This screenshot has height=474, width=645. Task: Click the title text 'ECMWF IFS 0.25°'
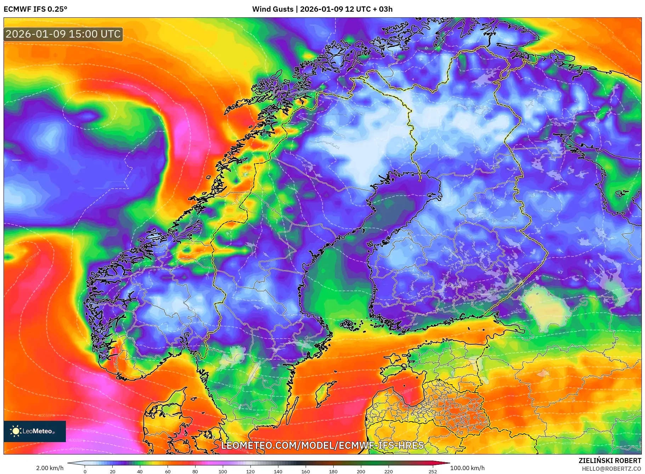(x=35, y=9)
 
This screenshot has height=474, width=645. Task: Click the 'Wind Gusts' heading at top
(x=273, y=9)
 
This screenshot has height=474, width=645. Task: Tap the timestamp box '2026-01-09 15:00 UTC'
(x=63, y=34)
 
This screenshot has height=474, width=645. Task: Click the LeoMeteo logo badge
(x=35, y=431)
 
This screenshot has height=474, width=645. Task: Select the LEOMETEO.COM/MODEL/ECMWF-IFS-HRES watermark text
(x=322, y=445)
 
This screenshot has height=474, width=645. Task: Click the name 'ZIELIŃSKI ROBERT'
(x=610, y=461)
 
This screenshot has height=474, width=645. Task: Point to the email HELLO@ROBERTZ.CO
(x=611, y=468)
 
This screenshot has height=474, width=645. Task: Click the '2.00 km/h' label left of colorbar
(x=50, y=468)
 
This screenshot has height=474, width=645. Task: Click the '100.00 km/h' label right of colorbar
(x=467, y=468)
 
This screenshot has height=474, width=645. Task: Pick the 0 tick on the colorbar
(x=85, y=472)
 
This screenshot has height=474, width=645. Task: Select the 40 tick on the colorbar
(x=140, y=472)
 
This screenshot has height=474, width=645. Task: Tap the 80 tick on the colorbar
(x=195, y=472)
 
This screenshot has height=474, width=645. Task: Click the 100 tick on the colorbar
(x=223, y=472)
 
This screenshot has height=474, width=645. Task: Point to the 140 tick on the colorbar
(x=278, y=472)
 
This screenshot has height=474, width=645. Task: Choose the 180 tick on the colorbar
(x=333, y=472)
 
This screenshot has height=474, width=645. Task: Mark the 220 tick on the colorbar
(x=389, y=472)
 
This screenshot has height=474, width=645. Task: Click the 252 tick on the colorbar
(x=432, y=472)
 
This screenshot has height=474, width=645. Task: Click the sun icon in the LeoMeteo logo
(x=16, y=431)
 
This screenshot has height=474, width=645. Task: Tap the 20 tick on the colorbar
(x=113, y=472)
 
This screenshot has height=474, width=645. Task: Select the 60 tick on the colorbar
(x=168, y=472)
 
